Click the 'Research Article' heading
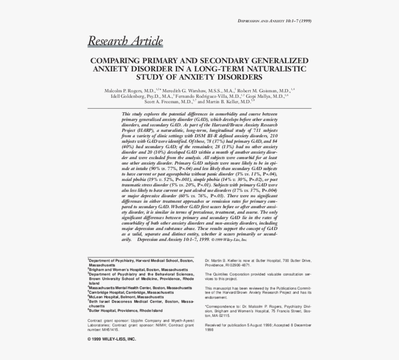coord(125,41)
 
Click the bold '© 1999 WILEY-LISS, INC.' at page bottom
coord(112,339)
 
